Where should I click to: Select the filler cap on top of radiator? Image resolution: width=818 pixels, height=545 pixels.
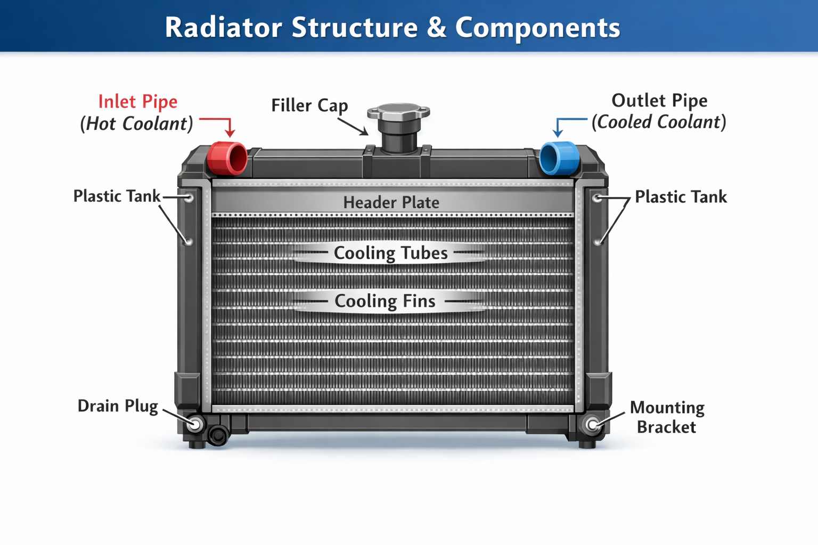click(398, 113)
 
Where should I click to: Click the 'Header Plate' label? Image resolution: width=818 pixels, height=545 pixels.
click(391, 202)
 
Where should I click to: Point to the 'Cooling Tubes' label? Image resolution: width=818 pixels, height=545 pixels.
click(390, 253)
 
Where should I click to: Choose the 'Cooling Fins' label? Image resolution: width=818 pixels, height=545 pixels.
click(385, 301)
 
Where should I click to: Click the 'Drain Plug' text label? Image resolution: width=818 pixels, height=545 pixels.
click(118, 406)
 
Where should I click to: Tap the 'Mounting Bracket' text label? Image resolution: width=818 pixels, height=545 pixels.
click(667, 417)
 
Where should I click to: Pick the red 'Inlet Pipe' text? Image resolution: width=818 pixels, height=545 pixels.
click(138, 102)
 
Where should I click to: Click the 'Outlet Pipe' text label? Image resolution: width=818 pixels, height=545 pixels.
click(659, 101)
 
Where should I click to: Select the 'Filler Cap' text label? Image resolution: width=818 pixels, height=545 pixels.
click(309, 105)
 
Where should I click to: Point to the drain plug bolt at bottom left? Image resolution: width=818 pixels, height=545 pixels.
click(195, 424)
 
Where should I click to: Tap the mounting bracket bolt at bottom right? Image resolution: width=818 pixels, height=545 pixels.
click(592, 425)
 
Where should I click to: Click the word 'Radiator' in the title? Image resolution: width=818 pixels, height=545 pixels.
click(223, 28)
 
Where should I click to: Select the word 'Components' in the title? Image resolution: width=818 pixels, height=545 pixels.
click(537, 28)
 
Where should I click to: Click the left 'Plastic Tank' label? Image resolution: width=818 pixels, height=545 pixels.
click(117, 196)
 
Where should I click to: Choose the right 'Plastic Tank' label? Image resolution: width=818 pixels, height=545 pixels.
click(681, 197)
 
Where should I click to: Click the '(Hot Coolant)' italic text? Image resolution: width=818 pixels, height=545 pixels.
click(137, 124)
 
